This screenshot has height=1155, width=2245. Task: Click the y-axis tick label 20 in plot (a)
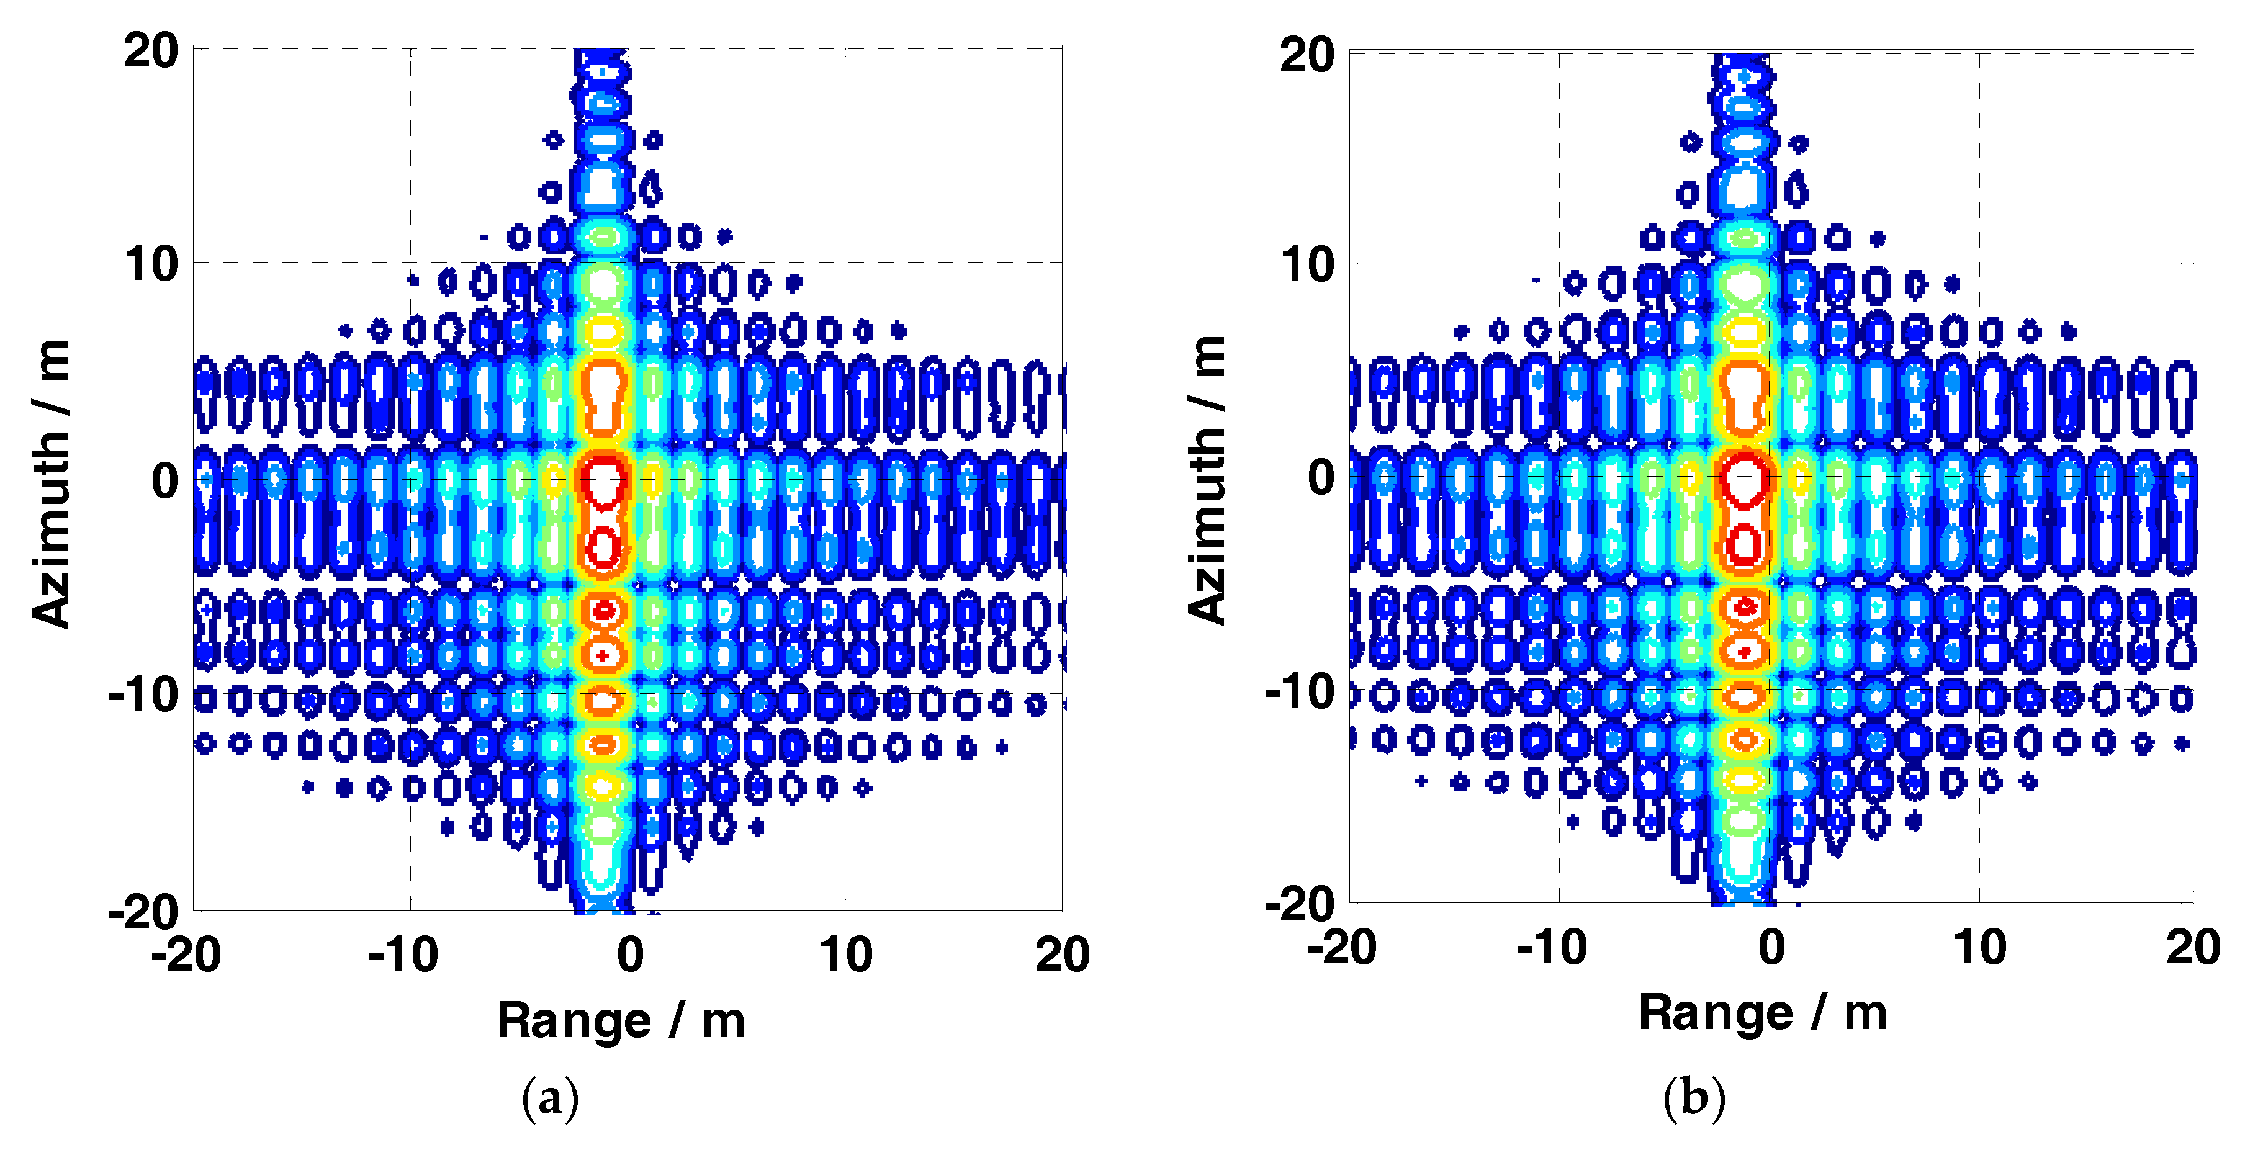(150, 50)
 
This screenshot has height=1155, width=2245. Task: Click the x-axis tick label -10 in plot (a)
(403, 955)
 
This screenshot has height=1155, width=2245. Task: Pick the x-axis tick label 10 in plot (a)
(845, 955)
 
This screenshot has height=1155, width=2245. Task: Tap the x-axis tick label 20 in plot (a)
(1061, 955)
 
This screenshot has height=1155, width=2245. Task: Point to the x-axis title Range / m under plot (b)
(1762, 1013)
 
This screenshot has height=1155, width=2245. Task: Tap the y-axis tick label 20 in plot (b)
(1307, 55)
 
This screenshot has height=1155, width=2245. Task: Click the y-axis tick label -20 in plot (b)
(1298, 904)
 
